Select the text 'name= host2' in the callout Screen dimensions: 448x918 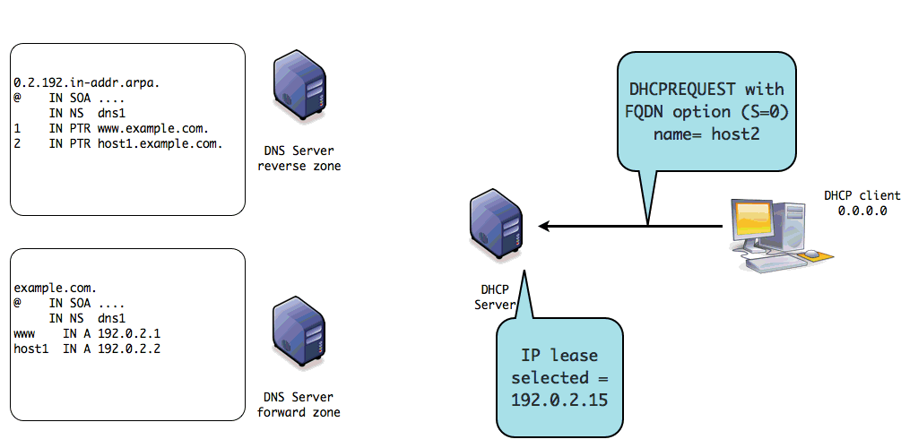(x=706, y=134)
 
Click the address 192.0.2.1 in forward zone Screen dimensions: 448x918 (x=124, y=333)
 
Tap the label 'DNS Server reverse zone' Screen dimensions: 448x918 (x=299, y=159)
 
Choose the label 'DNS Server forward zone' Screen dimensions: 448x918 (x=299, y=405)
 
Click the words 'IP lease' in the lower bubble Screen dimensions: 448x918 (x=559, y=354)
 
